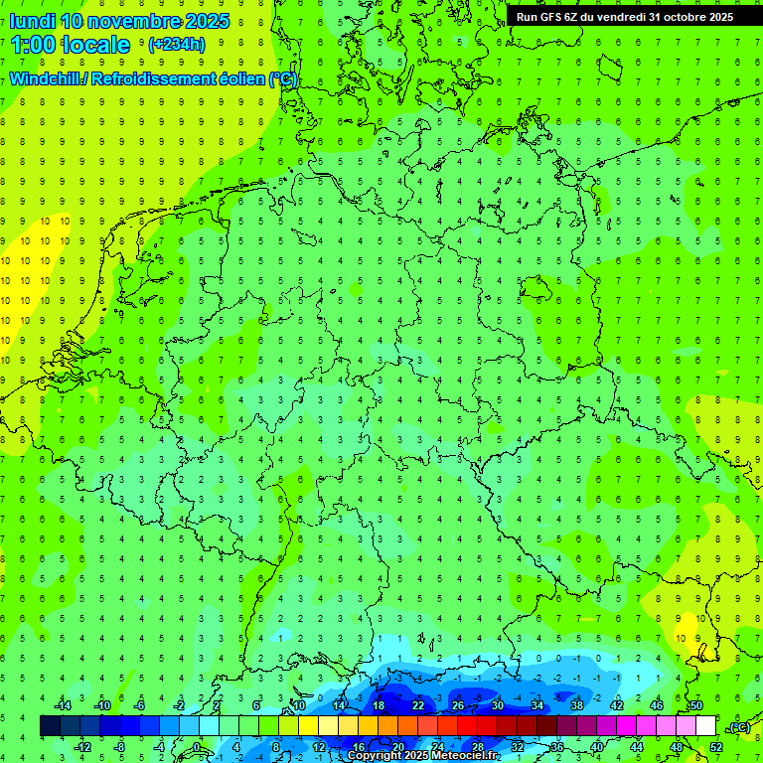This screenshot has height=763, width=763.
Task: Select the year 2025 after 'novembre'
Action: click(207, 21)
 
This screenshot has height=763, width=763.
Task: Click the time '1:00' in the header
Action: click(33, 45)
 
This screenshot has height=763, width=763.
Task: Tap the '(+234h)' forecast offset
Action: click(176, 45)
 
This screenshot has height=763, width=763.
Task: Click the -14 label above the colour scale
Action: click(62, 705)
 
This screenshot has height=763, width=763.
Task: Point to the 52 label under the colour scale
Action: click(715, 746)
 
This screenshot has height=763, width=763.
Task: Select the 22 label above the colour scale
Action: click(418, 705)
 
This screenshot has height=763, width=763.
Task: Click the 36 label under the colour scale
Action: click(556, 746)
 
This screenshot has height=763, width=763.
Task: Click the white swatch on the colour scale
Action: click(705, 726)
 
